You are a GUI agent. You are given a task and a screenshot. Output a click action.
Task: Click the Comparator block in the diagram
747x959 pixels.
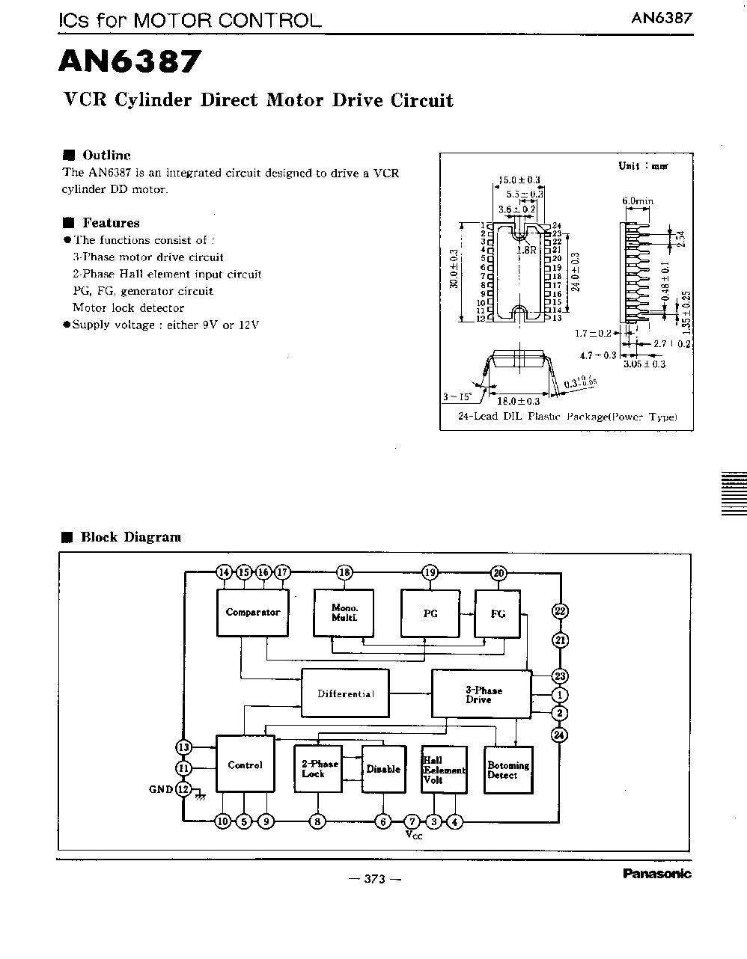coord(252,612)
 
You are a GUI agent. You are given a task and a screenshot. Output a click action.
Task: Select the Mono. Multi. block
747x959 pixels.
coord(344,613)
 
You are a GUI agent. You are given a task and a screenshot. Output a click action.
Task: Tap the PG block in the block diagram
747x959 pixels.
coord(430,613)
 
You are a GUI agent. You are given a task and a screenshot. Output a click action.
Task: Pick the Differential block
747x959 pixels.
coord(345,693)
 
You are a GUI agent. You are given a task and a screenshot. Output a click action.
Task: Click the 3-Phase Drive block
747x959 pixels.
coord(481,694)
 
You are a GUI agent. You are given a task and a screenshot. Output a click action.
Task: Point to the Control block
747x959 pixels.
coord(245,765)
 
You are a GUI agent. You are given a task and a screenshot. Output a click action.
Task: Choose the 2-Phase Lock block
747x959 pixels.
coord(318,768)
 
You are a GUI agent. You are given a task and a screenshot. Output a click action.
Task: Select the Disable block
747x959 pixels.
coord(383,769)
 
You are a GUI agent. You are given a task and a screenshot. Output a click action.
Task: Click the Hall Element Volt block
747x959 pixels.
coord(444,769)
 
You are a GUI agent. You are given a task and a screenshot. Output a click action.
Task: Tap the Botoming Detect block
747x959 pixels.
coord(508,770)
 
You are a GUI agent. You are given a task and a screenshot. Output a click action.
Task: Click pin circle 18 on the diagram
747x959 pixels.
coord(344,573)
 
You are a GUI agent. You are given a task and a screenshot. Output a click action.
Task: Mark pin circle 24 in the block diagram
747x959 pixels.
coord(559,735)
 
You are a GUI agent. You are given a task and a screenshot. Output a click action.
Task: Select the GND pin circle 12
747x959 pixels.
coord(183,789)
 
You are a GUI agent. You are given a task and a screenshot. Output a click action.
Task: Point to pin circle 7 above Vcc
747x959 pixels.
coord(411,821)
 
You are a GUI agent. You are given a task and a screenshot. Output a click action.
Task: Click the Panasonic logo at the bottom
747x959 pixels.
coord(656,874)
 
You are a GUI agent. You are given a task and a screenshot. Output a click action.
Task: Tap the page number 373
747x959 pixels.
coord(374,879)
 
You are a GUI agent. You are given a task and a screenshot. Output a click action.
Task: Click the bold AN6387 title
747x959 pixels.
coord(130,62)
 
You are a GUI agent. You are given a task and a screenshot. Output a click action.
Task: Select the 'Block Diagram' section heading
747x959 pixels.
coord(130,537)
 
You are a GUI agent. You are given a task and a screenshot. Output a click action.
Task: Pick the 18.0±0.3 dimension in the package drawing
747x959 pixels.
coord(519,401)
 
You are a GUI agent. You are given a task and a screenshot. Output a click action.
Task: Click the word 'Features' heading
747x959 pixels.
coord(111,223)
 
